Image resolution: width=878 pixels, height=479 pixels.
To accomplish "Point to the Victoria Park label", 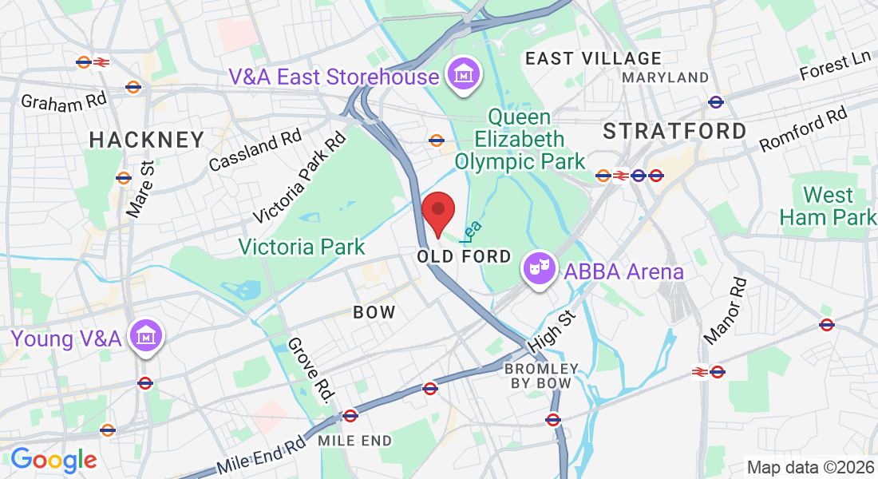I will (x=303, y=247).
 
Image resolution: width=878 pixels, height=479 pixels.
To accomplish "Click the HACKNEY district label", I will (x=147, y=141).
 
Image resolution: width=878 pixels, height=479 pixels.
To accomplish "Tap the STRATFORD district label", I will (x=674, y=131).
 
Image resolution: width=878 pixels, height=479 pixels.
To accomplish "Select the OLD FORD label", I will (x=464, y=256).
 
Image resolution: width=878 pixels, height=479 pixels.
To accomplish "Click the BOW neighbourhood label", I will (x=374, y=312).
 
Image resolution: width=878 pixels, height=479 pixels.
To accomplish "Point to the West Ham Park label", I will (x=827, y=206).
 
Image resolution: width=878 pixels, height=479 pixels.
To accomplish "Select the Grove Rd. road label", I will (x=310, y=370).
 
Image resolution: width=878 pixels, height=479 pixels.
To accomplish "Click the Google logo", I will (x=53, y=460).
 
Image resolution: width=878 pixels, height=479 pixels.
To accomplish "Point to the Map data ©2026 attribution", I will (x=809, y=467).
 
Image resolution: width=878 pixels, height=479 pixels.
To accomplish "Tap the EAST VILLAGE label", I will (x=593, y=58).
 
